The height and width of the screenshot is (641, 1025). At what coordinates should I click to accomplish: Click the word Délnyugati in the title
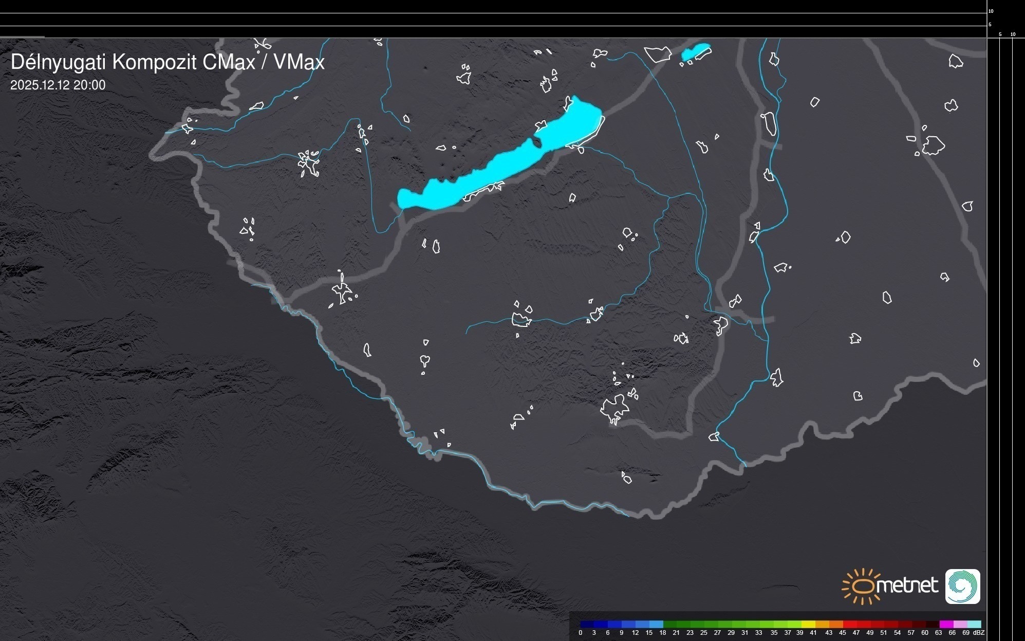pos(59,62)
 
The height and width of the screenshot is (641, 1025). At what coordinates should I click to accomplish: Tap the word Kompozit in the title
pos(154,62)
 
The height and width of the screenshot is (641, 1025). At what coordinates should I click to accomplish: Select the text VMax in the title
pos(299,62)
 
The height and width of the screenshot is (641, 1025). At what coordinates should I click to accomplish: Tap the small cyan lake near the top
pos(696,51)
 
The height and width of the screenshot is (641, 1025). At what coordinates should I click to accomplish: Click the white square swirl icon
pos(962,586)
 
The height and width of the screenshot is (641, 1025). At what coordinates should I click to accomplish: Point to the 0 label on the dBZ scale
pos(581,633)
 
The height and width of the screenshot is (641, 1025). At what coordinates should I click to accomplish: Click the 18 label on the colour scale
pos(663,633)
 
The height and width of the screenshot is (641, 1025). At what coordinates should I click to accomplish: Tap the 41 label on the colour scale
pos(813,633)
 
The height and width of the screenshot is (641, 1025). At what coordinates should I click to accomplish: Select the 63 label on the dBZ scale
pos(938,633)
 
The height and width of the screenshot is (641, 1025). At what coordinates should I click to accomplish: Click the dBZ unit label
pos(978,633)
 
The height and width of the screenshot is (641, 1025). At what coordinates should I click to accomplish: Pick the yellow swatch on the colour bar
pos(808,624)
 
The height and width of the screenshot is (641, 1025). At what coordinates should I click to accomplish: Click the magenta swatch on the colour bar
pos(946,624)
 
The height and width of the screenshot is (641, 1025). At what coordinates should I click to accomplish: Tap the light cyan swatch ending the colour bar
pos(974,624)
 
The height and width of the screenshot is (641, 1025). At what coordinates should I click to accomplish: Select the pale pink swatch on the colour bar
pos(960,624)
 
